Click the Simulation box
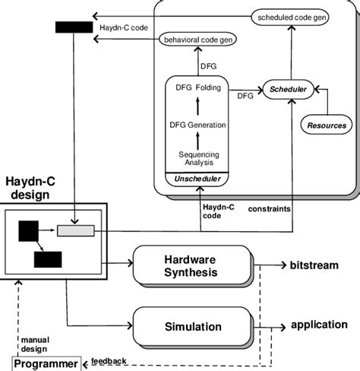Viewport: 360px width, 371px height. click(x=191, y=326)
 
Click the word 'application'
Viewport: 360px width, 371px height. click(x=319, y=325)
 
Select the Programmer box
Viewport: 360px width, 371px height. click(x=45, y=363)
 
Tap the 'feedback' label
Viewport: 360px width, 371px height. click(x=109, y=360)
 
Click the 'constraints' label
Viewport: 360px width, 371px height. click(x=270, y=207)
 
